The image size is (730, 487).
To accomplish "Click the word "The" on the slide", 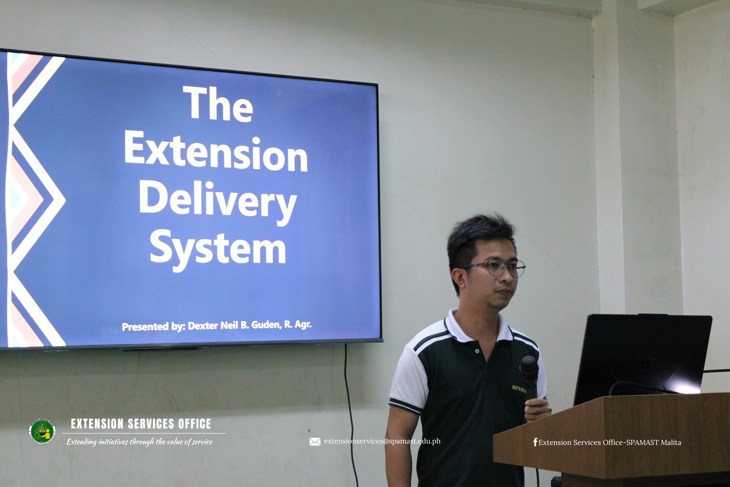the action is click(x=218, y=104).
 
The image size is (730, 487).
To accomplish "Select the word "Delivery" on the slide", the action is click(x=218, y=201).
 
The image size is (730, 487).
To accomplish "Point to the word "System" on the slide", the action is click(x=218, y=249).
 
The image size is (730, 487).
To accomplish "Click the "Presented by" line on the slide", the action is click(x=217, y=325).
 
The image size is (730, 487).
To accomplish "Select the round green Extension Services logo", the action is click(x=42, y=431).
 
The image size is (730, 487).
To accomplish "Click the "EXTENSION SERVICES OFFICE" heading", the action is click(x=141, y=424).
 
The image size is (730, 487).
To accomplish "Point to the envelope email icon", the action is click(x=315, y=442).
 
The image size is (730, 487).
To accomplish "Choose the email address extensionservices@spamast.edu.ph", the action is click(x=382, y=441).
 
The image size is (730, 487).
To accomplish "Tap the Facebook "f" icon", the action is click(x=535, y=442).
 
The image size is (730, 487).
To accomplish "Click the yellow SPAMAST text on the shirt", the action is click(x=519, y=389).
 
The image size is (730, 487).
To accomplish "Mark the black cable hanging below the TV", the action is click(x=350, y=414).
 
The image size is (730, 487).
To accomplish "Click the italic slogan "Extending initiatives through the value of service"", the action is click(x=139, y=442).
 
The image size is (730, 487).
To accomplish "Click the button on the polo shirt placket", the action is click(x=477, y=351).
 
